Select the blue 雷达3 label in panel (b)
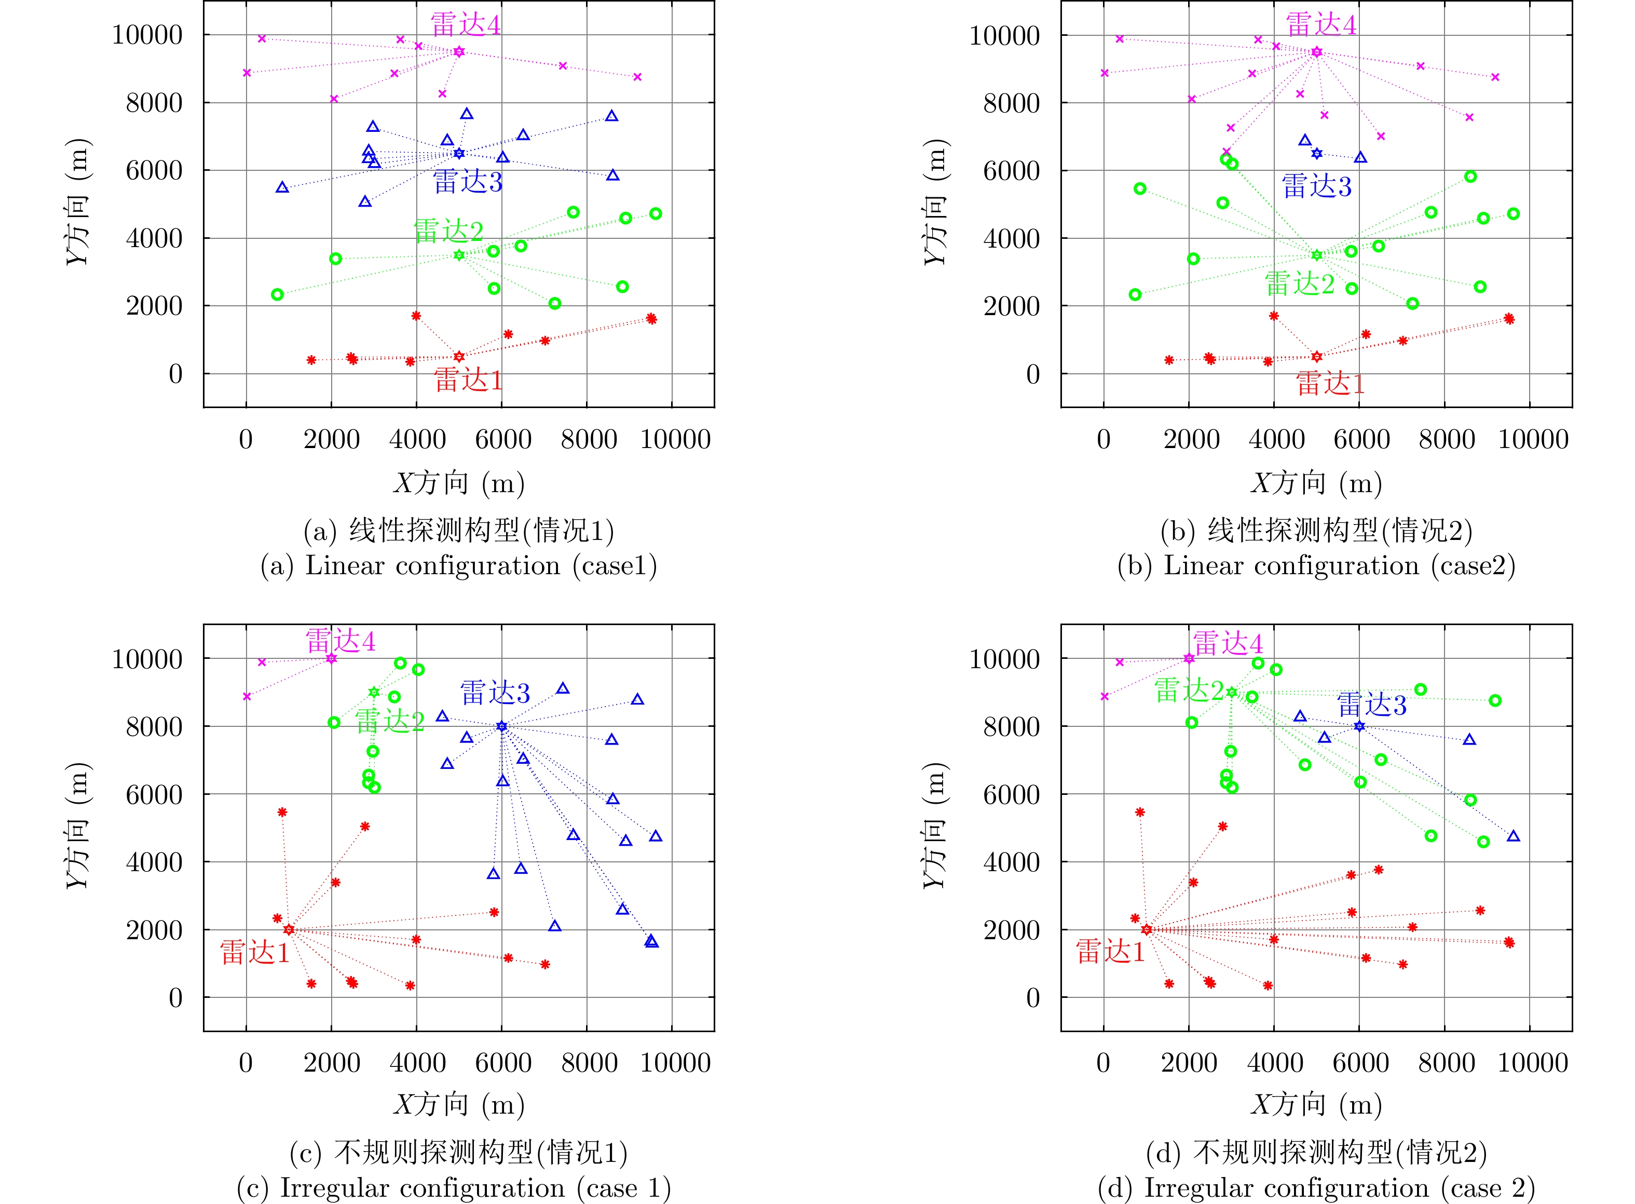1317,186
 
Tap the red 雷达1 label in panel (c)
255,952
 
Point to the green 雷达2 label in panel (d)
1189,689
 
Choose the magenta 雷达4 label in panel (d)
1228,643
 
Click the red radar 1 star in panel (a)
459,356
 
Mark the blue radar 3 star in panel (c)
501,726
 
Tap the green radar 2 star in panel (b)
1317,255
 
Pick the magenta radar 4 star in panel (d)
1189,658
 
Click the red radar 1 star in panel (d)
1147,929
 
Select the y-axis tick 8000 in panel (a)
155,103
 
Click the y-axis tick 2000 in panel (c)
155,930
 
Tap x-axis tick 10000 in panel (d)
1533,1063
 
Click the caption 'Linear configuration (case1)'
459,565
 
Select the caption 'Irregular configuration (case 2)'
1317,1188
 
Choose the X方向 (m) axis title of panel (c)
459,1105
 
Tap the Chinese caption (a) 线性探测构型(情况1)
459,531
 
